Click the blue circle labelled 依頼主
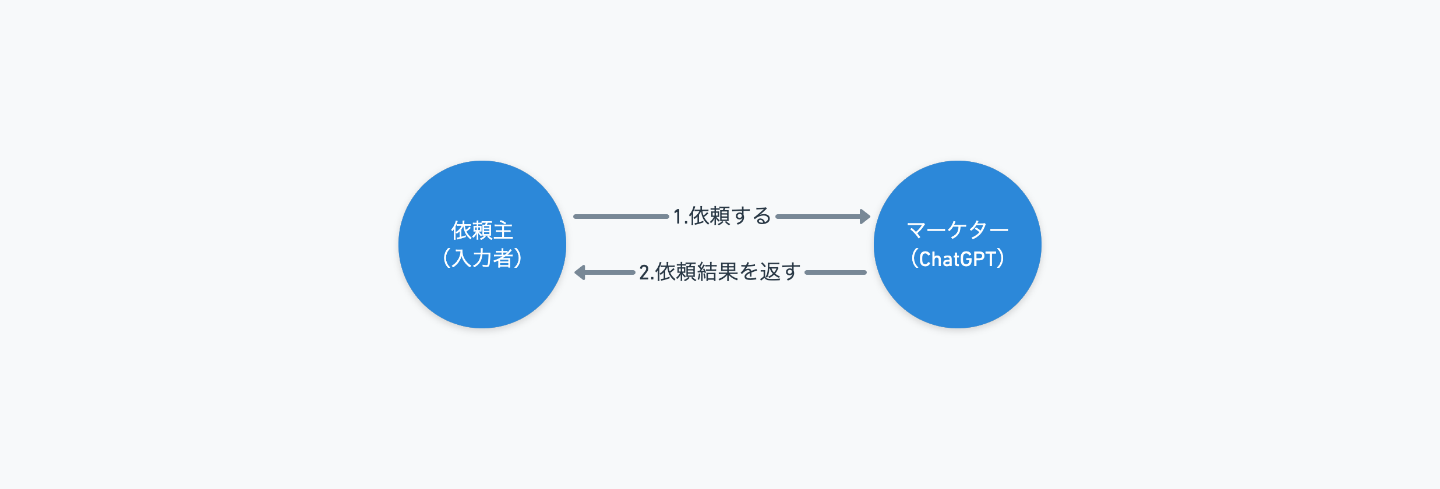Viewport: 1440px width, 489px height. tap(482, 245)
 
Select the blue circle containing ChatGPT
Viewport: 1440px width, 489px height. tap(958, 245)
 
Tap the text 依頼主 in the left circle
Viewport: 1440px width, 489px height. tap(482, 231)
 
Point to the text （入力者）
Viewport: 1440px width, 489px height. tap(482, 258)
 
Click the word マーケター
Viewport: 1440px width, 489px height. tap(958, 231)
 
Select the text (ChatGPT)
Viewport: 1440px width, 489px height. tap(958, 258)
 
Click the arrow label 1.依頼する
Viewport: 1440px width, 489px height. tap(722, 216)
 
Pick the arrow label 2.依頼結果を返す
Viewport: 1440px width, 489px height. tap(719, 272)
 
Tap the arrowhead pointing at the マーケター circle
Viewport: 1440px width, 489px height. tap(865, 217)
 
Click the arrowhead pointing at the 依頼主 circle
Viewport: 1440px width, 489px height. tap(580, 272)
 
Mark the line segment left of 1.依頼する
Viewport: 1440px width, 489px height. tap(621, 217)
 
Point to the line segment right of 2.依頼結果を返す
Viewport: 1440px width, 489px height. tap(835, 272)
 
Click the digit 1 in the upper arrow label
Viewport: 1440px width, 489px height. tap(678, 217)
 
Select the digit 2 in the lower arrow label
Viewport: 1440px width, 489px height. tap(644, 272)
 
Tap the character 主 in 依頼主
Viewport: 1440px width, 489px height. tap(503, 231)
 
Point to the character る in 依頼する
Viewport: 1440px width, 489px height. tap(762, 216)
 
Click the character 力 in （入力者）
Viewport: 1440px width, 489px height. tap(482, 258)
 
